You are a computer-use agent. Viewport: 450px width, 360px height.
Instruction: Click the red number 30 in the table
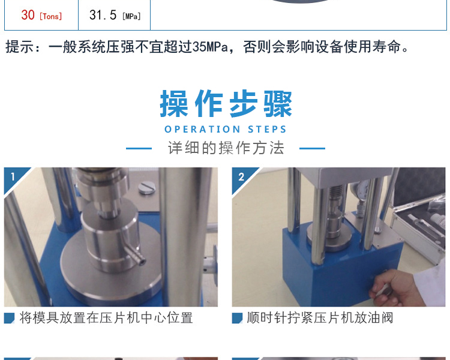[x=28, y=15]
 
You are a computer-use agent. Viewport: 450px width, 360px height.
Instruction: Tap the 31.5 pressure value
[x=103, y=15]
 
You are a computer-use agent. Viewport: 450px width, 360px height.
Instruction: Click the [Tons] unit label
[x=51, y=16]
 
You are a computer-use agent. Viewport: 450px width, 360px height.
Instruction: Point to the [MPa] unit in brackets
[x=131, y=16]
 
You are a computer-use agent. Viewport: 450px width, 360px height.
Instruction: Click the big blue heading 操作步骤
[x=226, y=104]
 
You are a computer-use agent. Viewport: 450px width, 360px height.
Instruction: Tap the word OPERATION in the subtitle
[x=202, y=129]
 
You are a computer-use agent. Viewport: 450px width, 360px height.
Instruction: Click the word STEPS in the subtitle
[x=267, y=129]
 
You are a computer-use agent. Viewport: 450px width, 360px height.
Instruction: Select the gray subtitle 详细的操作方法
[x=226, y=148]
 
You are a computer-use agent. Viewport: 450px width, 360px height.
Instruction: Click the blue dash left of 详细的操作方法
[x=139, y=148]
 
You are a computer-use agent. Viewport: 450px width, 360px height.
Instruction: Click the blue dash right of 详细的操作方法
[x=312, y=148]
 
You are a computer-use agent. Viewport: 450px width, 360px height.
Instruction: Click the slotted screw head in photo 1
[x=146, y=188]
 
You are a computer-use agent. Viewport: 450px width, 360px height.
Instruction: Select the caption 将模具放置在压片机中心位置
[x=106, y=318]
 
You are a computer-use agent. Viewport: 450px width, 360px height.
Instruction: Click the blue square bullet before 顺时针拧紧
[x=237, y=318]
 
